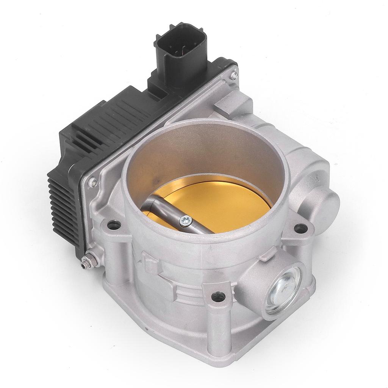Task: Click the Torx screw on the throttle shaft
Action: click(186, 221)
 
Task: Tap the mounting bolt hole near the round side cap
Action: click(301, 228)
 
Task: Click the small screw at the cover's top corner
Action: click(234, 75)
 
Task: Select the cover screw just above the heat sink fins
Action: click(92, 183)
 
